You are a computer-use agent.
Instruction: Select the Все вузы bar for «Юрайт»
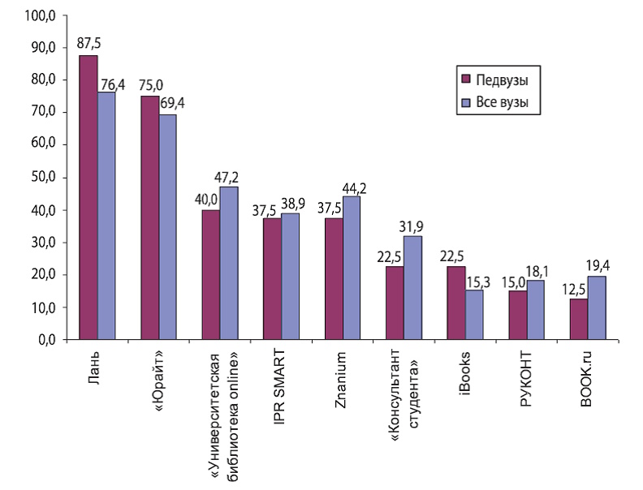pyautogui.click(x=168, y=227)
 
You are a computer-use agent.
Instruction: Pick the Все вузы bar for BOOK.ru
pyautogui.click(x=597, y=307)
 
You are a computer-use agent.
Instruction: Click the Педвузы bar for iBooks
pyautogui.click(x=456, y=303)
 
